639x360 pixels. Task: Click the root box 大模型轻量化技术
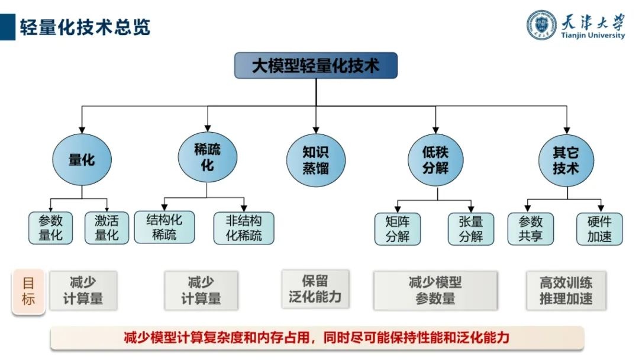(316, 65)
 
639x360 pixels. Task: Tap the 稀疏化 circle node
(207, 157)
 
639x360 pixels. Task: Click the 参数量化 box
(51, 229)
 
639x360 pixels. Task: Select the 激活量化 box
(106, 229)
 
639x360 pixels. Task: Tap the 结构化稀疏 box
(164, 227)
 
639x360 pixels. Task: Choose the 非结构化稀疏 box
(244, 229)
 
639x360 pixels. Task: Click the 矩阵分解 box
(398, 229)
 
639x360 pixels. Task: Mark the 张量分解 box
(470, 229)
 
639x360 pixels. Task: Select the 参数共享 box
(531, 229)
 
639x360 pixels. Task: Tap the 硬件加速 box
(599, 229)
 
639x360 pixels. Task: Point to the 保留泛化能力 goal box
(315, 289)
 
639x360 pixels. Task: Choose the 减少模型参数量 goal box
(435, 291)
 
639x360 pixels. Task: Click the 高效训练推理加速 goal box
(566, 290)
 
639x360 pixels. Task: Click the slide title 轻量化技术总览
(85, 27)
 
